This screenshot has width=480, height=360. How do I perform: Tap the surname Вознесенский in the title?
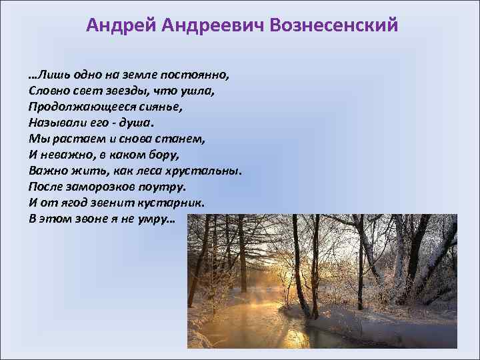[x=333, y=25]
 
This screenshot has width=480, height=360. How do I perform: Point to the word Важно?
[x=47, y=171]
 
